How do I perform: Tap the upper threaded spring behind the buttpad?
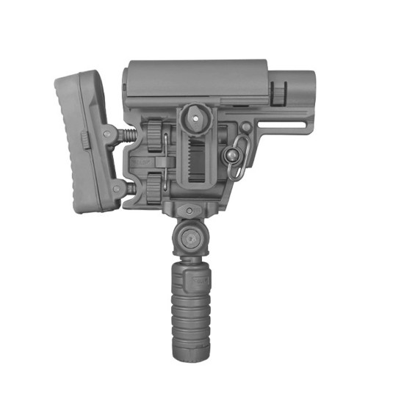tap(130, 137)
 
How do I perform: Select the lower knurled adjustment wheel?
tap(154, 188)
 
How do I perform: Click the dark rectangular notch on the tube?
tap(279, 93)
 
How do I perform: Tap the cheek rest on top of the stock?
tap(195, 78)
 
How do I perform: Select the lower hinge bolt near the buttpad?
tap(118, 189)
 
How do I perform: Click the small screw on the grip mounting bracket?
tap(190, 212)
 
